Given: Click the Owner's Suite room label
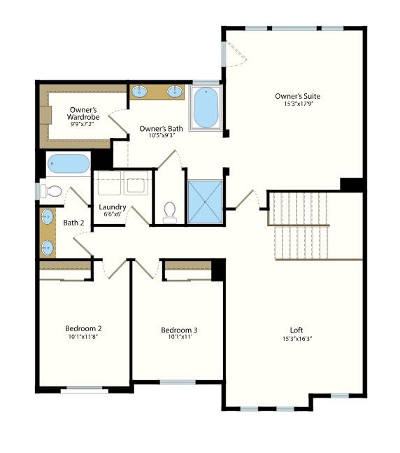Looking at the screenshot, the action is (297, 96).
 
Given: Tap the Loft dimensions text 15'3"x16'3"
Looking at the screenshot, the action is (297, 339).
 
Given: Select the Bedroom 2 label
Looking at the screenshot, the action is (83, 328).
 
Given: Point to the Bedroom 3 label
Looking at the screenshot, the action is (179, 330).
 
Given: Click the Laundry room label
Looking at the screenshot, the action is (113, 207).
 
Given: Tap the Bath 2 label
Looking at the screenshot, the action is (73, 223).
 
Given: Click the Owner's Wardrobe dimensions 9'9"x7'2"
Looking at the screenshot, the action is (83, 124).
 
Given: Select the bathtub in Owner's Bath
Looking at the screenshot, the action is (206, 108).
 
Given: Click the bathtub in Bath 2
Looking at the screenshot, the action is (69, 164).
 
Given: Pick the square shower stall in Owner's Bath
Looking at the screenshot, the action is (205, 202).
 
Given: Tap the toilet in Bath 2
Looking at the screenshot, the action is (51, 191).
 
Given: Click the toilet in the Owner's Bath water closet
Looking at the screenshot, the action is (170, 212).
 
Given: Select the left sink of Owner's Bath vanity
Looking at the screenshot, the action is (139, 92).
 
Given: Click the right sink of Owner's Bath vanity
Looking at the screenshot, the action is (175, 92).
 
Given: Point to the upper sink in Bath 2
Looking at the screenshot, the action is (48, 216).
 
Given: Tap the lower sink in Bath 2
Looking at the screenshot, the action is (48, 248).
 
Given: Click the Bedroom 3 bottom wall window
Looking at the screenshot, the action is (178, 382).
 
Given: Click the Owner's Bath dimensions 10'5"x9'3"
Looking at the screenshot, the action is (162, 135).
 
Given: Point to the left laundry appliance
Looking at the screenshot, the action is (109, 183).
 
